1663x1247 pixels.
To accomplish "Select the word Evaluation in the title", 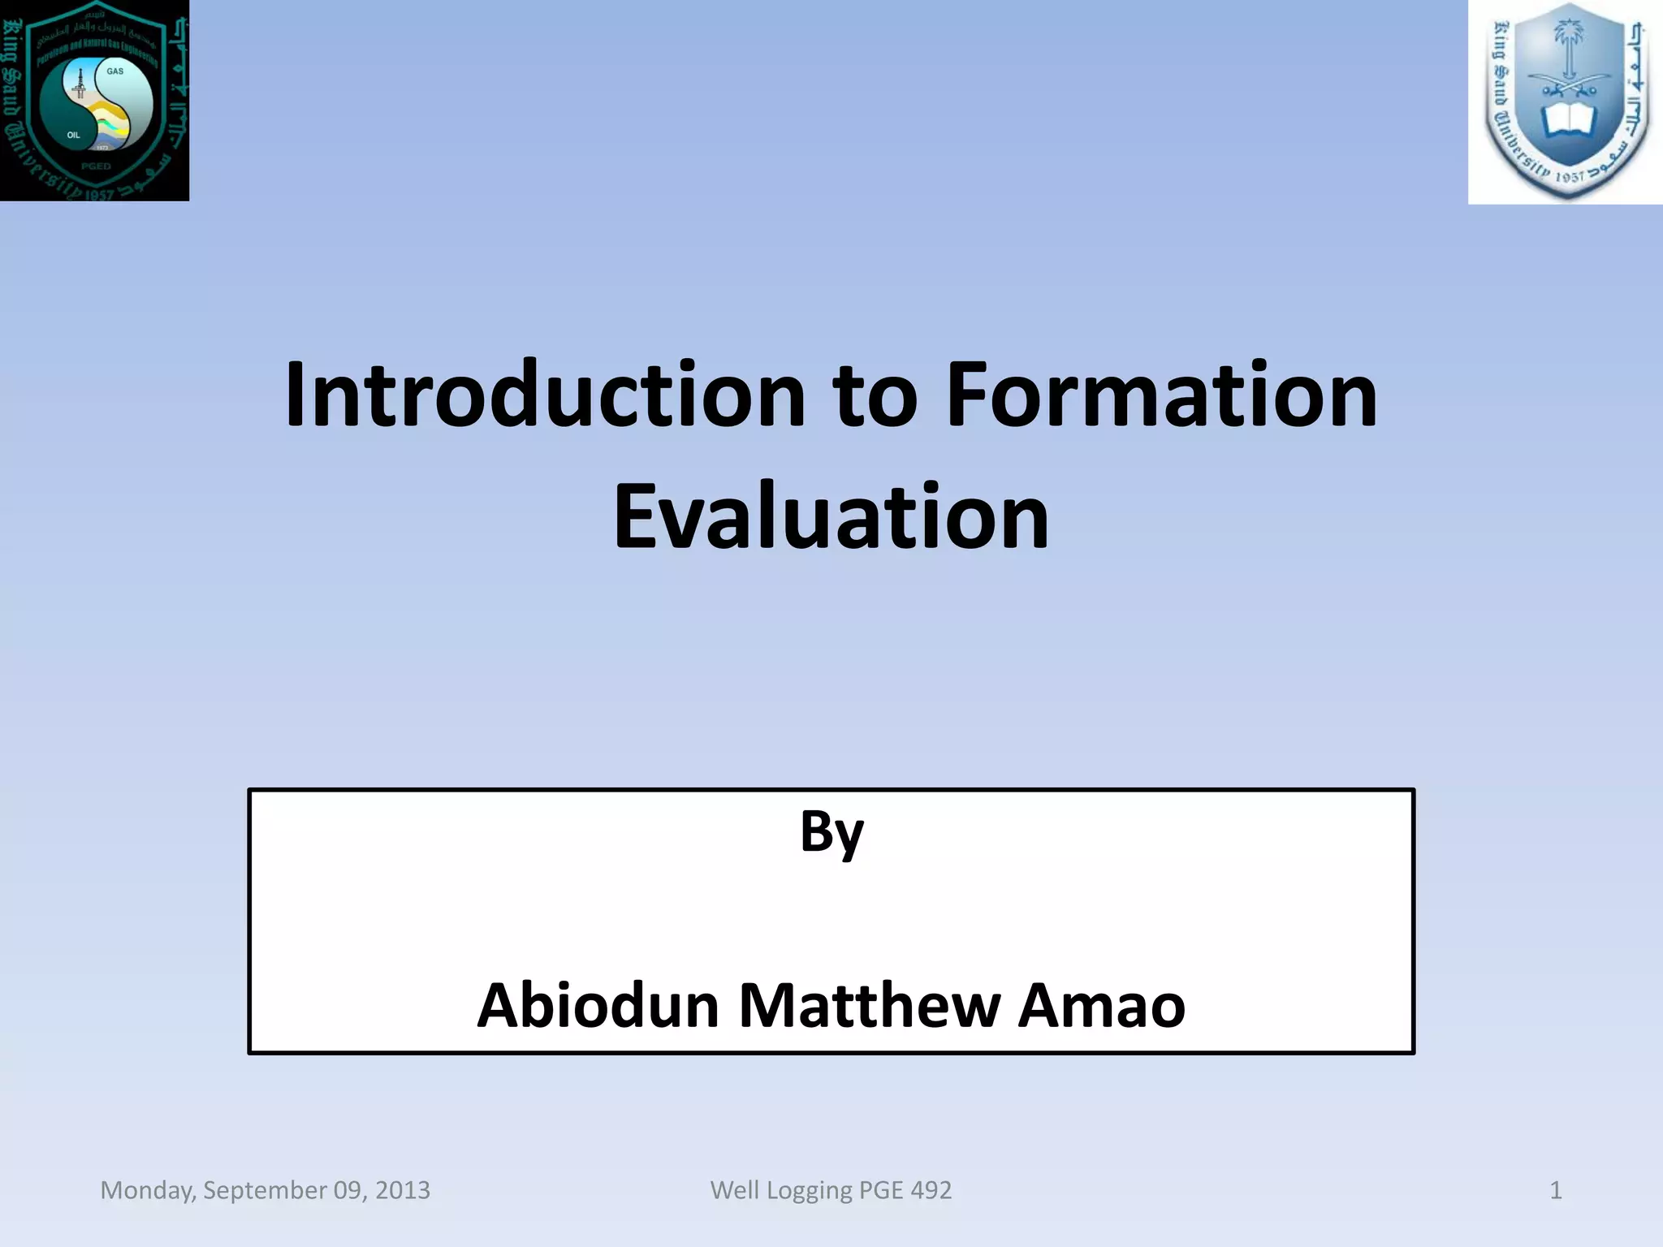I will tap(831, 517).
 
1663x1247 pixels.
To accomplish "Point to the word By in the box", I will tap(831, 833).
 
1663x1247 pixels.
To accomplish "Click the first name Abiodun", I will tap(598, 1006).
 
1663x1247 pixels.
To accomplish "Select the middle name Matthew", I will tap(869, 1006).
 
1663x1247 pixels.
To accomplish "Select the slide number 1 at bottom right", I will tap(1555, 1190).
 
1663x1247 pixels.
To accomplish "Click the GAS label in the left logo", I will tap(115, 71).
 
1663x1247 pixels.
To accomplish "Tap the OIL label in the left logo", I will tap(74, 136).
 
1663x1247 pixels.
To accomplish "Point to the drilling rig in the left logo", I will tap(80, 84).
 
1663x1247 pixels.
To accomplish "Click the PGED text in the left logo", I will tap(96, 166).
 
